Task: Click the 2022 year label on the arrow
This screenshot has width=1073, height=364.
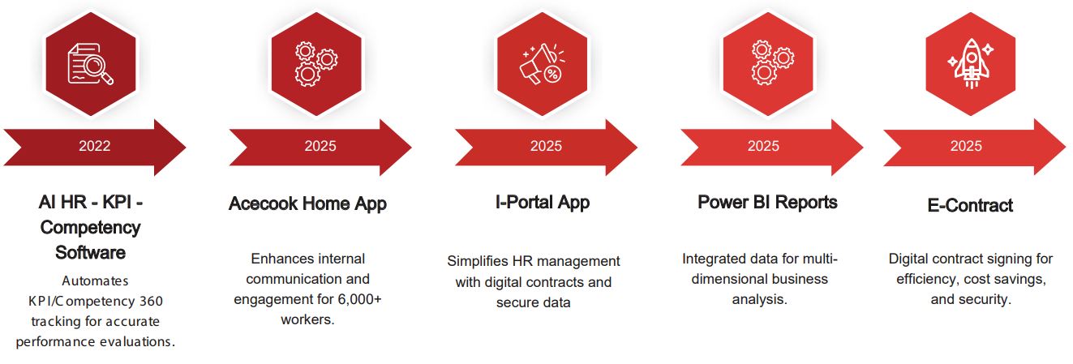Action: pyautogui.click(x=94, y=146)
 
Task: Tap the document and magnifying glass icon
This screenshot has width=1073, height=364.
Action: pyautogui.click(x=91, y=64)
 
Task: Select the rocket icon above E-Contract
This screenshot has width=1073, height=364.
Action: pyautogui.click(x=971, y=63)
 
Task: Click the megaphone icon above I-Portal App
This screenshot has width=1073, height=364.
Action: pyautogui.click(x=543, y=64)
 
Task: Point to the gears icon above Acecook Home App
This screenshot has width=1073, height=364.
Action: pyautogui.click(x=316, y=64)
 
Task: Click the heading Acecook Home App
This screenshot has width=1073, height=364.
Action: pyautogui.click(x=307, y=203)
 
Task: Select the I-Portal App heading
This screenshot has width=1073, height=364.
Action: pyautogui.click(x=543, y=202)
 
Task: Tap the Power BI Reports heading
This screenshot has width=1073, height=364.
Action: pyautogui.click(x=767, y=202)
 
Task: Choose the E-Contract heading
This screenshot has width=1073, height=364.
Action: pyautogui.click(x=970, y=205)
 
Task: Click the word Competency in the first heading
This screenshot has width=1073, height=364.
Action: pyautogui.click(x=91, y=228)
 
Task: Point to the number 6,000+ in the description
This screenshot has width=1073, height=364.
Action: pyautogui.click(x=359, y=299)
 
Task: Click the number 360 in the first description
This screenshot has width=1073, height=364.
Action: pyautogui.click(x=151, y=301)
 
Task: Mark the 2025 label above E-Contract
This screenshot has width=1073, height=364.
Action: pyautogui.click(x=966, y=146)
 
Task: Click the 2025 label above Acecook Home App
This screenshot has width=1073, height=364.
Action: pyautogui.click(x=320, y=146)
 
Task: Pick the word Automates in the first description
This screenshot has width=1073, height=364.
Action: pyautogui.click(x=96, y=280)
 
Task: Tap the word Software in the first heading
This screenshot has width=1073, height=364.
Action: pyautogui.click(x=91, y=252)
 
